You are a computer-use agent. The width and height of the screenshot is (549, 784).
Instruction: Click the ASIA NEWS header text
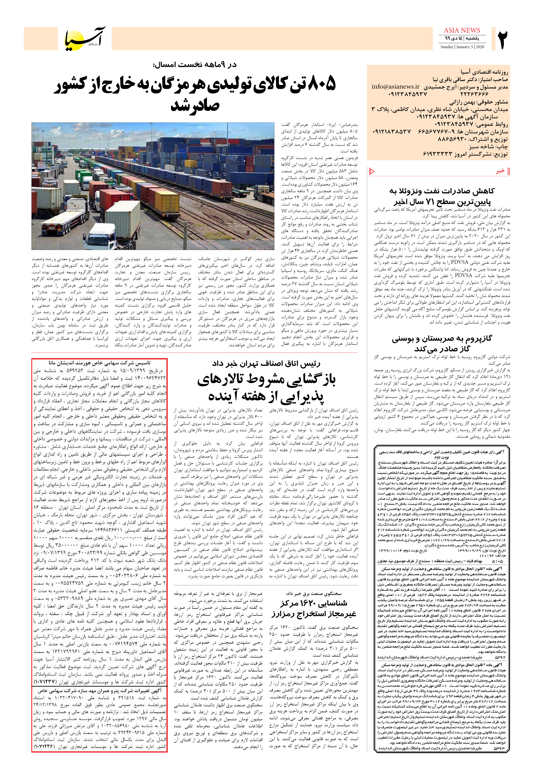click(462, 30)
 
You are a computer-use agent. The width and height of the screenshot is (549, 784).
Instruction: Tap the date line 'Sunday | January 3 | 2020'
click(462, 47)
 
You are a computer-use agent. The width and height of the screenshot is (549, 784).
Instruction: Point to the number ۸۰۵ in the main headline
click(321, 84)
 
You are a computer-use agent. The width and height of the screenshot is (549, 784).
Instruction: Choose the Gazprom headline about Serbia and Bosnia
click(442, 344)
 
